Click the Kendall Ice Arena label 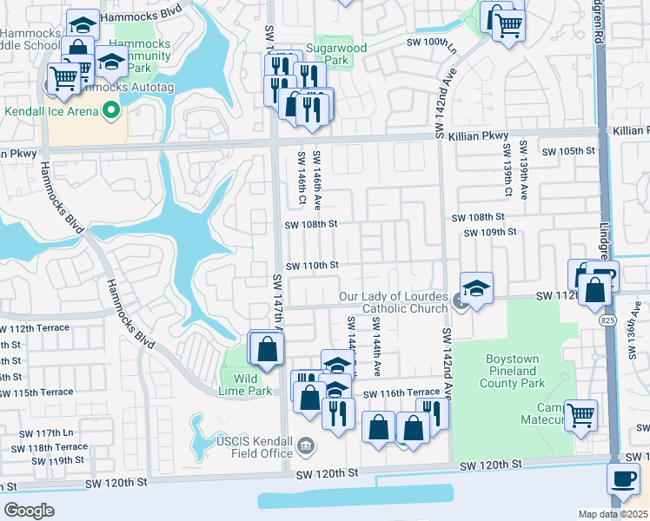(50, 112)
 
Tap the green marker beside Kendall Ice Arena (110, 109)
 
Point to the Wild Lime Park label (246, 384)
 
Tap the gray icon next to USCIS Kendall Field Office (306, 447)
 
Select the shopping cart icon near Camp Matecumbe (580, 415)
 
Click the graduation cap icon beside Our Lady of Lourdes (476, 288)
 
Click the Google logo (29, 511)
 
